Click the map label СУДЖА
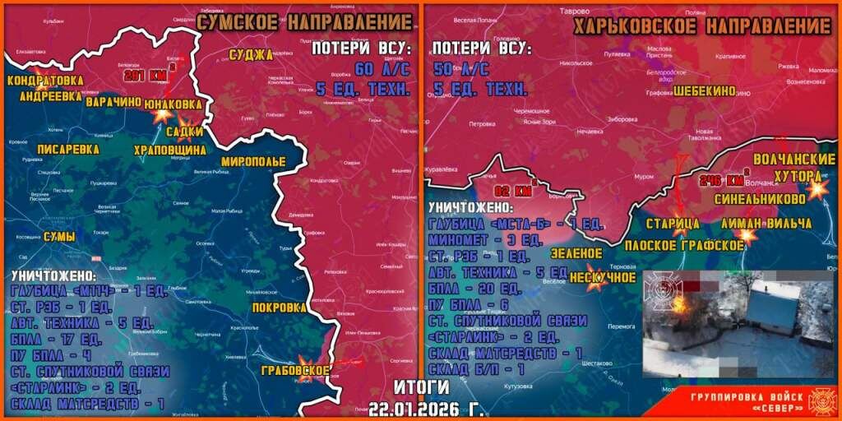252,55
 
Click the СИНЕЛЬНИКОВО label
757,198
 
